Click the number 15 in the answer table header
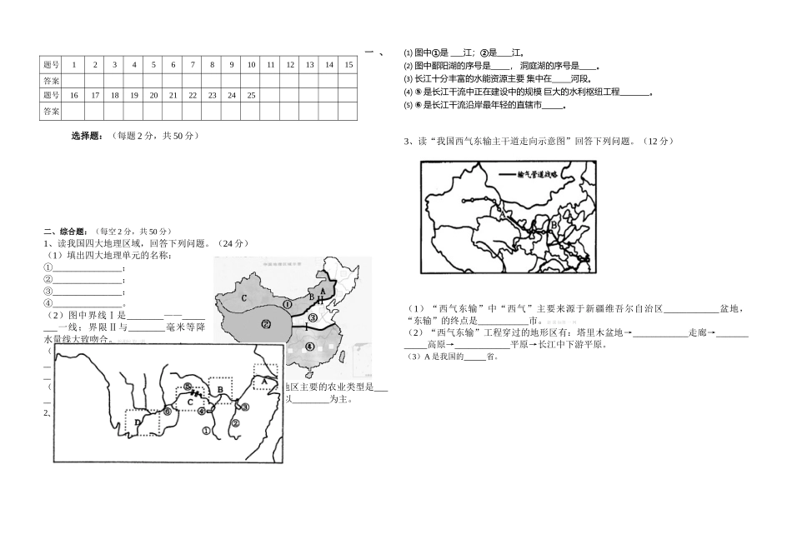(348, 64)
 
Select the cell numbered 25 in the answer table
(251, 95)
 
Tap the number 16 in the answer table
(74, 95)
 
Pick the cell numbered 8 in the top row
(212, 64)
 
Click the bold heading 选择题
(87, 135)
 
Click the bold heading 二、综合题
(68, 231)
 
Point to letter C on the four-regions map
(243, 297)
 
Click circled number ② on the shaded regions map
(266, 324)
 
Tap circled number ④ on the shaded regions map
(309, 346)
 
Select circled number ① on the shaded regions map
(287, 304)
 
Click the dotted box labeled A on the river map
(265, 377)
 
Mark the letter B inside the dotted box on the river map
(220, 388)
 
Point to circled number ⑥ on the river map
(168, 411)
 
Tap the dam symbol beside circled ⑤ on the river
(198, 392)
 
